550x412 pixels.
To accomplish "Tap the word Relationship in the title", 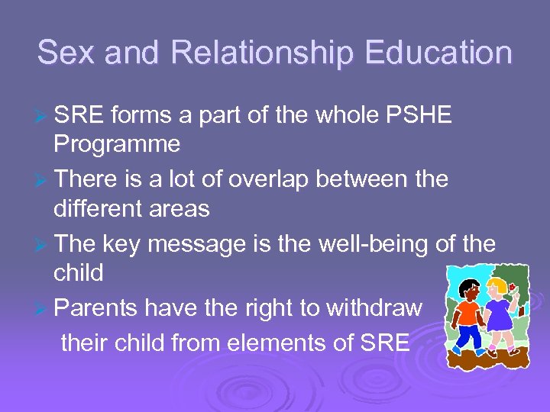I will click(261, 53).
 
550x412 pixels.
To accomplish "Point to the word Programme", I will click(117, 143).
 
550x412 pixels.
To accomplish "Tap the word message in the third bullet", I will click(209, 244).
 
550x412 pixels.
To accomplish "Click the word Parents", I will click(97, 308).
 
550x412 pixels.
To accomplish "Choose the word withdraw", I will click(374, 308).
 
